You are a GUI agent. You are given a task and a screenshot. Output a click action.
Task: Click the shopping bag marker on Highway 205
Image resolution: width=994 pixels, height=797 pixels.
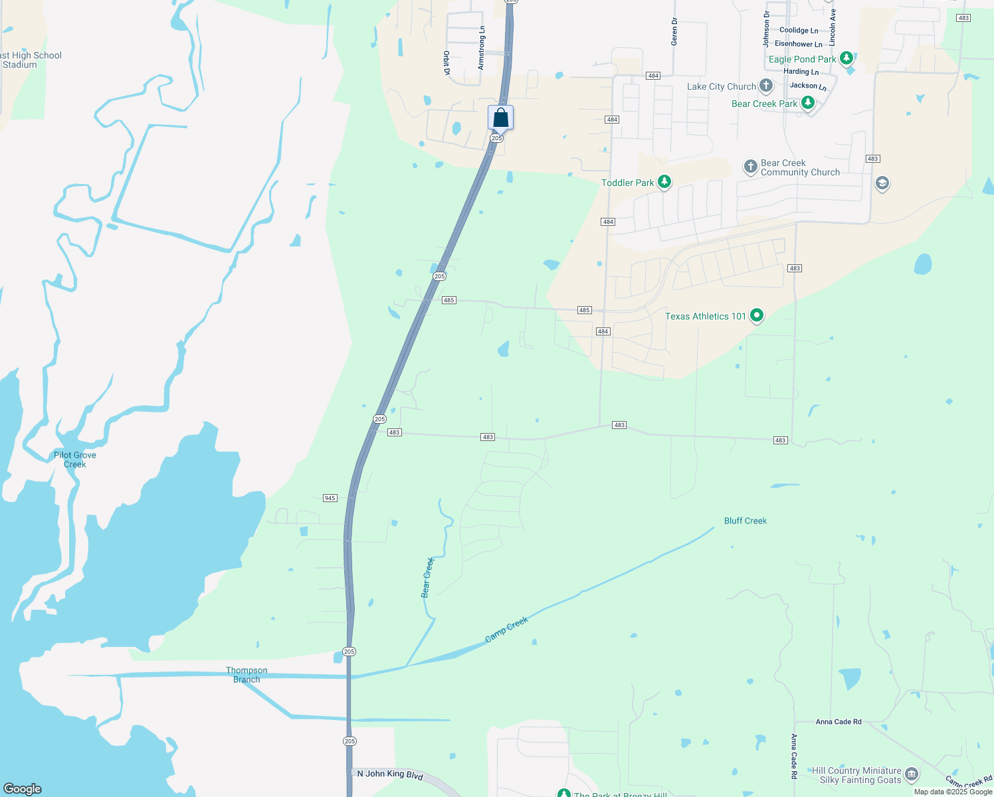500,118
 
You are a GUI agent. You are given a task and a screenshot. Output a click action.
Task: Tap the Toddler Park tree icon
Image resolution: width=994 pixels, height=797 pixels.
664,182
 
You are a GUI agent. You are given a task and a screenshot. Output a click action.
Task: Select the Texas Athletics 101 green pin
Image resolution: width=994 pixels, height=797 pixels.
756,316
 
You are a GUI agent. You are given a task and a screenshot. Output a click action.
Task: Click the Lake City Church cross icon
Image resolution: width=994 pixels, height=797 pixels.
766,86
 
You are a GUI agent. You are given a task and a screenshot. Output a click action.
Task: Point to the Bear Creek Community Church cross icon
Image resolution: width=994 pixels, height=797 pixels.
750,167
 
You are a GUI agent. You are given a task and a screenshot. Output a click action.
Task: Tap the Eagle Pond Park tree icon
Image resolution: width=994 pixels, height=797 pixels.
846,58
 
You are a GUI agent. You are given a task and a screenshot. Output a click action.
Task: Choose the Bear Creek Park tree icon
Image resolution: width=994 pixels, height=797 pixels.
807,103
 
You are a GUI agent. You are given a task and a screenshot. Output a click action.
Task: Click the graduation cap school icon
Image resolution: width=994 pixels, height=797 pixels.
882,183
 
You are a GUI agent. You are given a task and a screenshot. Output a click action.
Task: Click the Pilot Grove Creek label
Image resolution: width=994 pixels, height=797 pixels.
75,460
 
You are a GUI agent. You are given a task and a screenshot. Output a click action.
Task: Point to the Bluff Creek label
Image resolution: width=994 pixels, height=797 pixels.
745,521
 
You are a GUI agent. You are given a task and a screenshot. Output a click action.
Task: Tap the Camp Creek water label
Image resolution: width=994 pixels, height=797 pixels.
506,629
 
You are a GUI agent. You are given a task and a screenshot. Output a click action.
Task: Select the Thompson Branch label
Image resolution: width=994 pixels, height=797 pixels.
247,675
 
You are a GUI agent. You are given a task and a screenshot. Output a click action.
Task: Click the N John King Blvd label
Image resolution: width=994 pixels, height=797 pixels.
390,774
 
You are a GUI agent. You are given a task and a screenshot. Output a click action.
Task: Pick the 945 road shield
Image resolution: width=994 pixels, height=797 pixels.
330,498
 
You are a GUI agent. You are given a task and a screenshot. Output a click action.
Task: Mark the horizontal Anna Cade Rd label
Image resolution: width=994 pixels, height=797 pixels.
838,722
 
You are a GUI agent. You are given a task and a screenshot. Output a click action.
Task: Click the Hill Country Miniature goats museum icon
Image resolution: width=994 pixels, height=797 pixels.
912,774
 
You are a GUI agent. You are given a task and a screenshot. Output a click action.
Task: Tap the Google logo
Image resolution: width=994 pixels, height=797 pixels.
23,788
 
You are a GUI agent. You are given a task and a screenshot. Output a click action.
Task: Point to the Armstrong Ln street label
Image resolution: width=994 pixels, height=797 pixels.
482,48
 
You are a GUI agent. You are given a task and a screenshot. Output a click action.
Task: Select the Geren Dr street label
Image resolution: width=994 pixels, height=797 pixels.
674,32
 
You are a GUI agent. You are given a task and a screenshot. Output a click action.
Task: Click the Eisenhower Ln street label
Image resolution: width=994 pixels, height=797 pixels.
798,44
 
